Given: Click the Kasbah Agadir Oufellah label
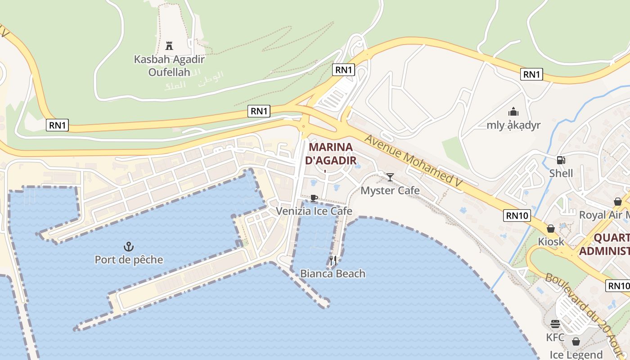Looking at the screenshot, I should pyautogui.click(x=169, y=65).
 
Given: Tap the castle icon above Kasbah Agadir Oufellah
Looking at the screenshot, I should pyautogui.click(x=169, y=45).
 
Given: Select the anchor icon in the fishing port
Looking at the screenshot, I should pyautogui.click(x=129, y=246).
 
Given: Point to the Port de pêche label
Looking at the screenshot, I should pyautogui.click(x=129, y=260).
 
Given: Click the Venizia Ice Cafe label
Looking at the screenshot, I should pyautogui.click(x=314, y=211).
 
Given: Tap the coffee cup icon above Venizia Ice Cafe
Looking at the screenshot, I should pyautogui.click(x=314, y=198).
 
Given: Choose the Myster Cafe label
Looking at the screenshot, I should pyautogui.click(x=390, y=190).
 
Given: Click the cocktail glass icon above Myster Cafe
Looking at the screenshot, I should pyautogui.click(x=390, y=177).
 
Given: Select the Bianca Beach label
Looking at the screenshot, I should pyautogui.click(x=333, y=274).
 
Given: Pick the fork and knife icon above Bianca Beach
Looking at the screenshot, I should pyautogui.click(x=333, y=260).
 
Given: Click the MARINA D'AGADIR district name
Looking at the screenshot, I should pyautogui.click(x=331, y=153).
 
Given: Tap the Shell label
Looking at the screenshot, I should pyautogui.click(x=561, y=173).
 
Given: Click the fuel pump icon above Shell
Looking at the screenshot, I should pyautogui.click(x=561, y=160).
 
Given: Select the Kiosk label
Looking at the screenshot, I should pyautogui.click(x=551, y=242).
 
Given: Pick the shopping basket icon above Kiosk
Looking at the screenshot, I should pyautogui.click(x=551, y=229).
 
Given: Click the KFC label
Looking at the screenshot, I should pyautogui.click(x=555, y=337).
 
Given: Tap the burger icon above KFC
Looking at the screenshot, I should pyautogui.click(x=555, y=324).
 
